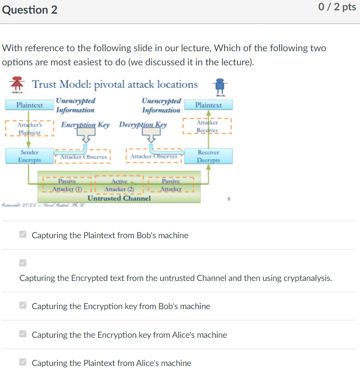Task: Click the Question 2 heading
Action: (30, 9)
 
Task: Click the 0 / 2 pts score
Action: (337, 8)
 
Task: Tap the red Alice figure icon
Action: (17, 83)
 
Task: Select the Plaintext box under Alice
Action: (29, 105)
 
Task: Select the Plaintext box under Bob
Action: (208, 105)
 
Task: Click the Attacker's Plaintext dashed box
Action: (29, 129)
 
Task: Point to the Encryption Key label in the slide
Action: (85, 124)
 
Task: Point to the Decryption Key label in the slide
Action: (143, 124)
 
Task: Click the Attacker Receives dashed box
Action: (207, 126)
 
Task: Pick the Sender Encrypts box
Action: (29, 156)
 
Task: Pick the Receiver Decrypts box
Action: (208, 156)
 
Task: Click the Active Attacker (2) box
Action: (119, 185)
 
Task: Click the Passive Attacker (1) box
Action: (67, 185)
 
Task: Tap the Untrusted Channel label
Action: (119, 198)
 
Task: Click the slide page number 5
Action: (229, 199)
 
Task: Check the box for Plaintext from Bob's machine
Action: (23, 235)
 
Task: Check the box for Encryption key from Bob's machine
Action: (23, 306)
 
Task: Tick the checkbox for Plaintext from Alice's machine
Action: (23, 363)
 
